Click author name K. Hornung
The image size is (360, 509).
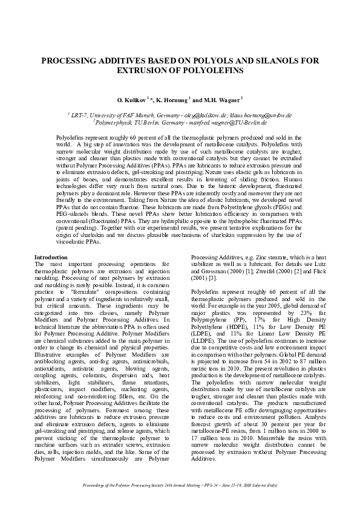[171, 99]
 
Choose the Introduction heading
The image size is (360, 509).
[51, 257]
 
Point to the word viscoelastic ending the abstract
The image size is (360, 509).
[70, 242]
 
